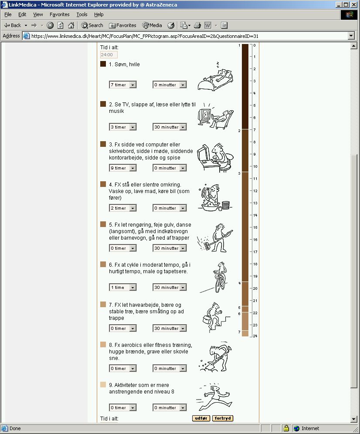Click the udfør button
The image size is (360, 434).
(x=201, y=418)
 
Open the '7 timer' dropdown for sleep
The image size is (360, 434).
(x=122, y=85)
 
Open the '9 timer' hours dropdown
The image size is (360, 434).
(x=122, y=168)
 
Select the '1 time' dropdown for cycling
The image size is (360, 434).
(x=122, y=288)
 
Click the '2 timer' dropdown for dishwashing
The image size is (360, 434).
(x=122, y=208)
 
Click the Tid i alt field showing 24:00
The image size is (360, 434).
(x=109, y=55)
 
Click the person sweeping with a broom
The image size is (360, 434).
(x=215, y=238)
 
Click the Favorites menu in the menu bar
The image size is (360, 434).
(x=60, y=14)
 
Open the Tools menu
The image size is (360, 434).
(x=82, y=14)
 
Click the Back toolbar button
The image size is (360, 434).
(x=13, y=25)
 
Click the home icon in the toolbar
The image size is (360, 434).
(x=71, y=25)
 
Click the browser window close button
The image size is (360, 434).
(x=354, y=5)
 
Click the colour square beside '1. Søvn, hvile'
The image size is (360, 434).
(x=103, y=64)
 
